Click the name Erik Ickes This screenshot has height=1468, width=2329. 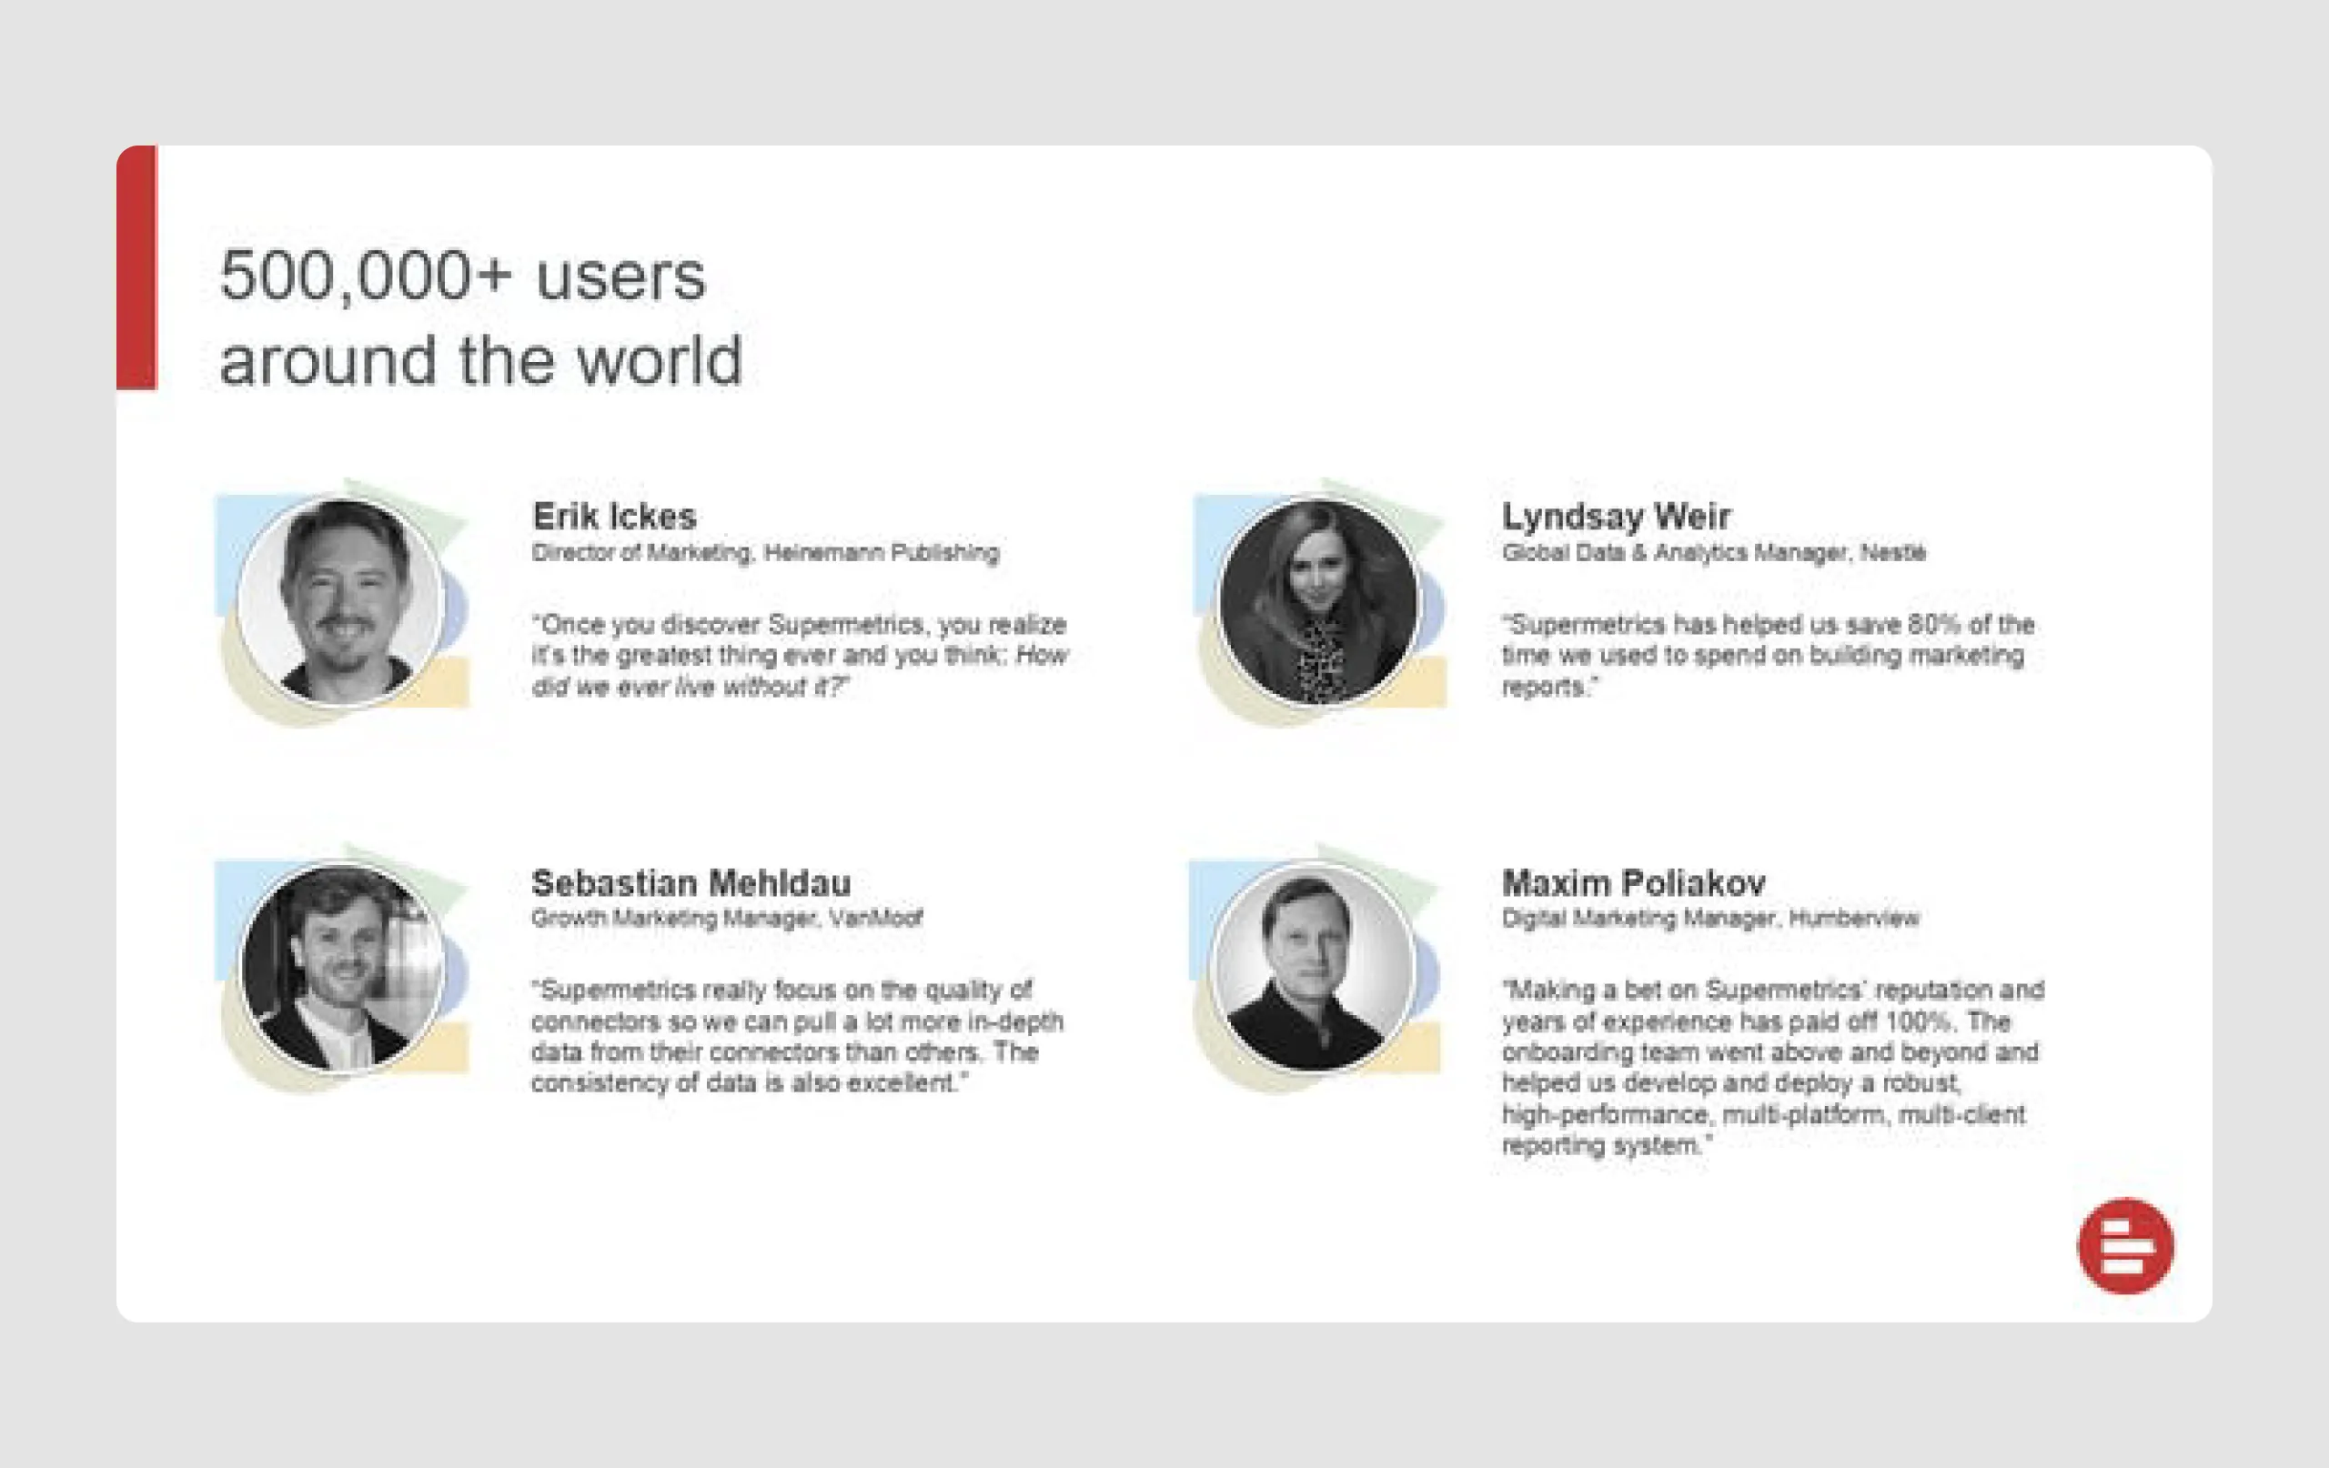tap(614, 517)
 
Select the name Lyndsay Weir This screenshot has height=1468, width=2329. tap(1615, 517)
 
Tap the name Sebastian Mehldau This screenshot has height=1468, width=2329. tap(691, 883)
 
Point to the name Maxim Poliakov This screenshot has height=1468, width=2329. tap(1633, 883)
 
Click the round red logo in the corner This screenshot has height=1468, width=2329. tap(2125, 1245)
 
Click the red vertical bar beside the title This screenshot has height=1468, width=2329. tap(137, 268)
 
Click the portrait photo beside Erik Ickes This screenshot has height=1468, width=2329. tap(341, 600)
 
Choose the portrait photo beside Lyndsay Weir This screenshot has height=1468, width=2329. tap(1318, 600)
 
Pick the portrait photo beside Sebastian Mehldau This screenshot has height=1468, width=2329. tap(341, 968)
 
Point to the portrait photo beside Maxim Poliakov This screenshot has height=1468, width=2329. tap(1314, 968)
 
